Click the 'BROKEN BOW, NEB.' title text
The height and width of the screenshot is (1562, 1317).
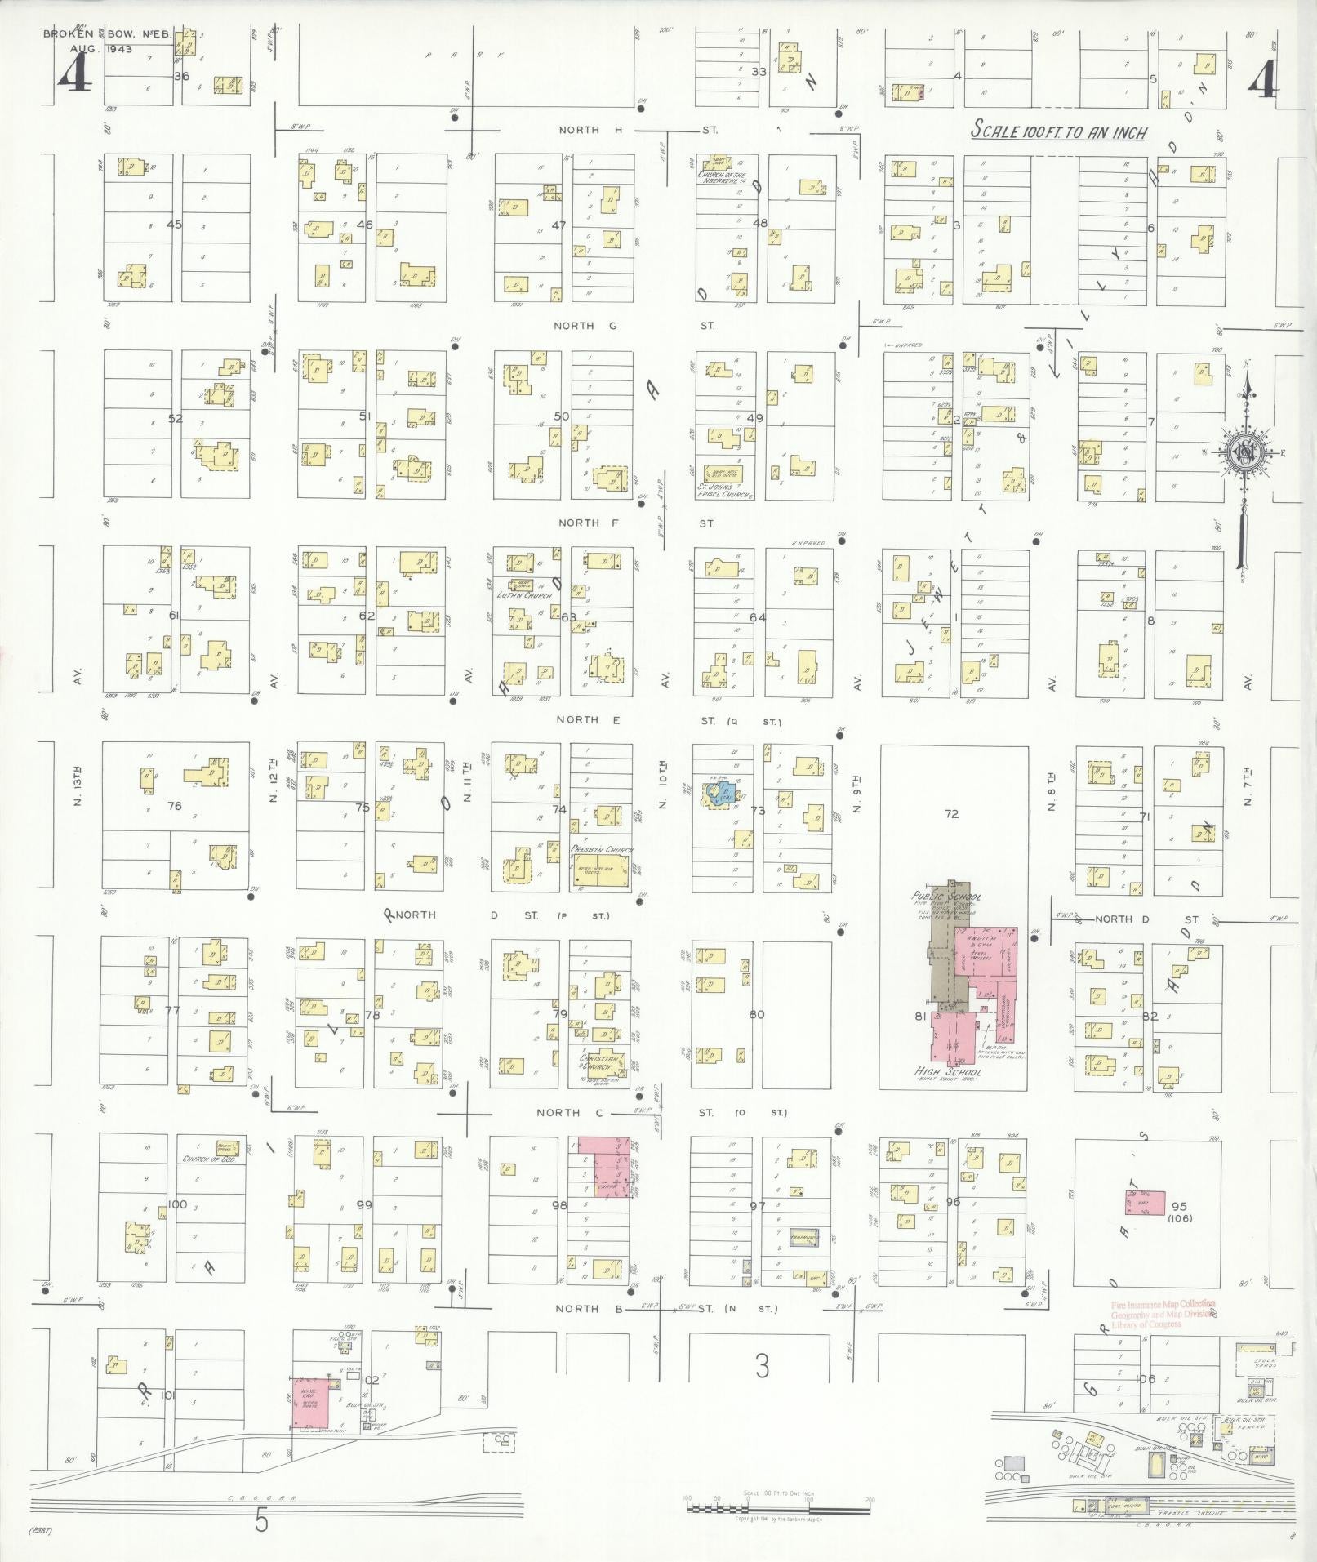tap(88, 35)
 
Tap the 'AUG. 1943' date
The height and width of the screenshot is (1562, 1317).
tap(100, 48)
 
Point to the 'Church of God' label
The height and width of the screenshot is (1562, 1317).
tap(208, 1159)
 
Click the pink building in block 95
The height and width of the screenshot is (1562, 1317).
tap(1148, 1204)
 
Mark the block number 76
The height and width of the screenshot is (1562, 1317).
tap(173, 806)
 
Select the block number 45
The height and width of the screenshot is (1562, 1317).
tap(173, 225)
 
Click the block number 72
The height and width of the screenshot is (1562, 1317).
tap(950, 813)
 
